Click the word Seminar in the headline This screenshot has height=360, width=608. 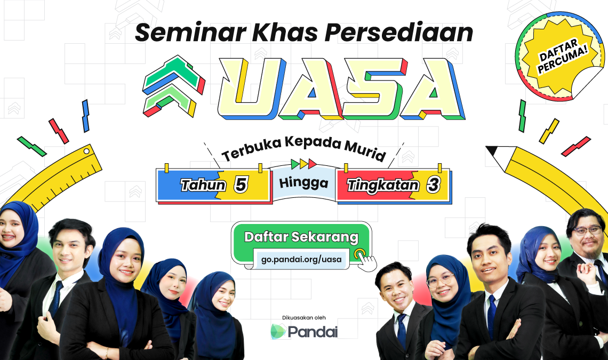190,33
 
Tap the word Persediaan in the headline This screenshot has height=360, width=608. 399,33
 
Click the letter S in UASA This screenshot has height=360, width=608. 372,89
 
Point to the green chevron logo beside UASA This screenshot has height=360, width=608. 174,86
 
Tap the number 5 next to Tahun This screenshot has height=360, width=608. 241,185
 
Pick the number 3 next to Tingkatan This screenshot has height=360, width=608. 433,185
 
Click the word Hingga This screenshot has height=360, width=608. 303,182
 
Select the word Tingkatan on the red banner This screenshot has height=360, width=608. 383,186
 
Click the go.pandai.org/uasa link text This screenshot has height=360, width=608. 301,259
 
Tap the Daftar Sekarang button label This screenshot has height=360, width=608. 301,237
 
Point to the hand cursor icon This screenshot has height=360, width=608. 365,260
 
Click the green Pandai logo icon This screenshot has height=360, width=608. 278,332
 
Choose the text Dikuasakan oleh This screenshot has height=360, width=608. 304,317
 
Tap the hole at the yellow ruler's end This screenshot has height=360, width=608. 86,151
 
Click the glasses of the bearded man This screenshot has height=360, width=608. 587,230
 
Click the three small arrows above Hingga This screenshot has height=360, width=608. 303,164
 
